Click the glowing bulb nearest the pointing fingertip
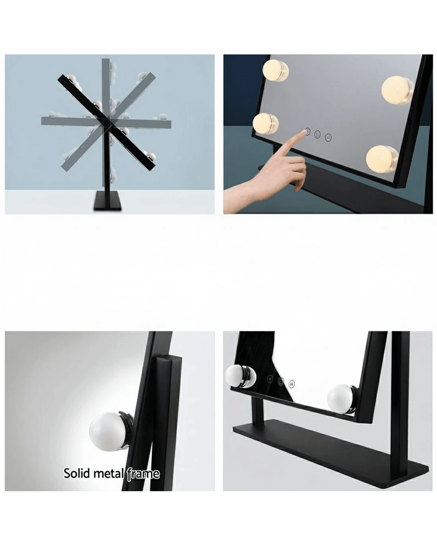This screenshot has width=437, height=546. tap(265, 123)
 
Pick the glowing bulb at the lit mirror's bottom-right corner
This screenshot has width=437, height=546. tap(382, 159)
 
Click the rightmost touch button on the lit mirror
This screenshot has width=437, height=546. tap(328, 137)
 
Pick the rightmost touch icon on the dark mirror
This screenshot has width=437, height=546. tap(292, 391)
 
